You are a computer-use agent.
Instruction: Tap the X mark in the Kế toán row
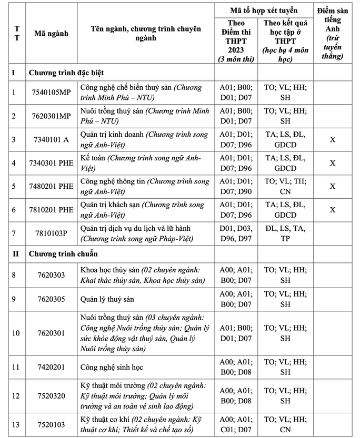pyautogui.click(x=332, y=163)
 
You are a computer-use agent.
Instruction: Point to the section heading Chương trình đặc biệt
pyautogui.click(x=69, y=73)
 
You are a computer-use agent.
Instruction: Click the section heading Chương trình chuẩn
pyautogui.click(x=63, y=254)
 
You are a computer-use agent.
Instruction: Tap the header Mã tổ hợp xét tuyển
pyautogui.click(x=264, y=11)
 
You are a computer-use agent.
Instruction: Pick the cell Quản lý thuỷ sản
pyautogui.click(x=107, y=299)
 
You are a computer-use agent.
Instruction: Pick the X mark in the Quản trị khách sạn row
pyautogui.click(x=332, y=210)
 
